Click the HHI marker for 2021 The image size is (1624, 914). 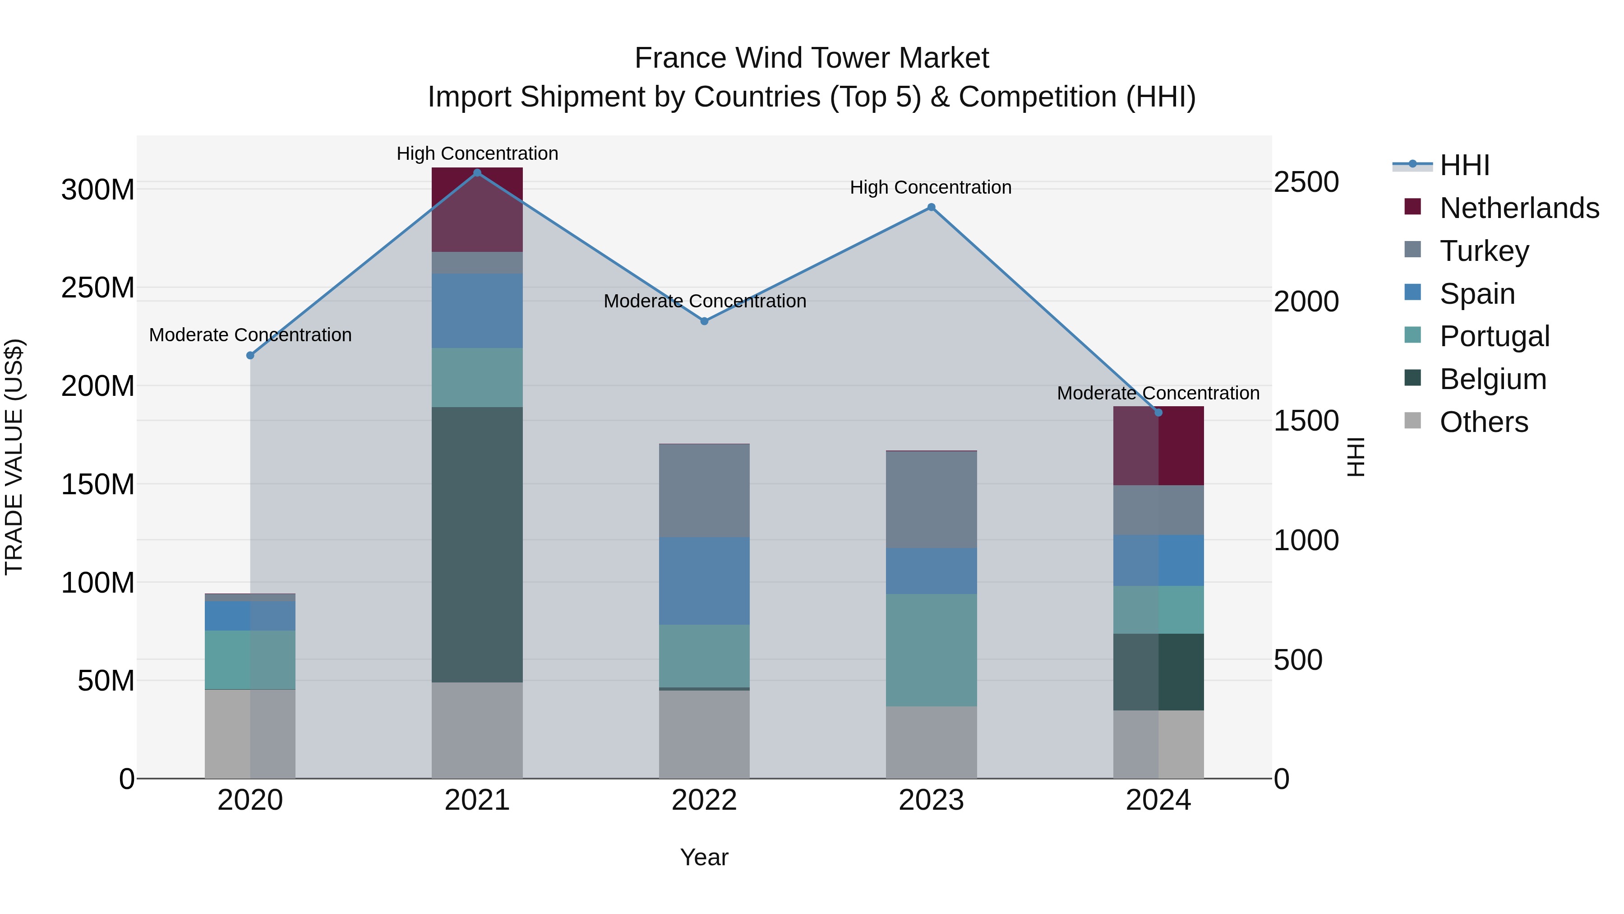click(x=477, y=173)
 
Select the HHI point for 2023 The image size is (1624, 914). click(x=931, y=208)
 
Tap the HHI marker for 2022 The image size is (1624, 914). click(x=704, y=321)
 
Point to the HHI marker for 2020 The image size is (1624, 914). click(x=250, y=356)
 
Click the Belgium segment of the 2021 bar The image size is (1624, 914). click(x=477, y=544)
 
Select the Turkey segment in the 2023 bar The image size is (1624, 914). click(x=931, y=500)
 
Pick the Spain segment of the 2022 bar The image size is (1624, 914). click(x=704, y=581)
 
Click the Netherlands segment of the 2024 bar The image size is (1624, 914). click(x=1158, y=446)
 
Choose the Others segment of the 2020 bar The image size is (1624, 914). click(x=250, y=734)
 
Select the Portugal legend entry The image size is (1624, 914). click(x=1494, y=336)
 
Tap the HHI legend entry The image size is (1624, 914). click(x=1464, y=165)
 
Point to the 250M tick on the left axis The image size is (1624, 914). click(x=98, y=288)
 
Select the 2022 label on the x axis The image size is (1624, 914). click(x=704, y=800)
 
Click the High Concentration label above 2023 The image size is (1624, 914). click(x=931, y=187)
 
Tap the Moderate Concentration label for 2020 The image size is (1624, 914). click(x=250, y=335)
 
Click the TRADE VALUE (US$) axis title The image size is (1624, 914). click(x=14, y=457)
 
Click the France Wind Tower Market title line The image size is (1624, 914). click(x=812, y=58)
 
